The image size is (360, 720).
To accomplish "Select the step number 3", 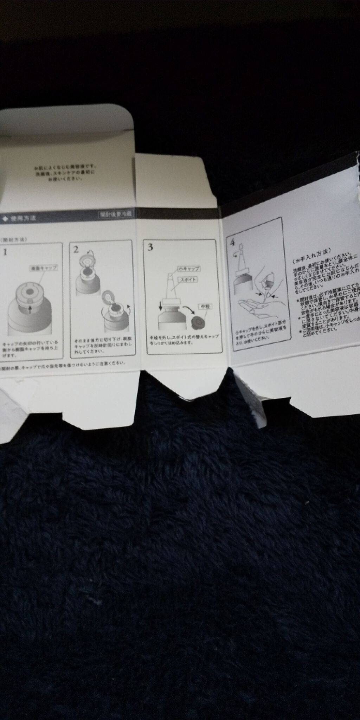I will (150, 247).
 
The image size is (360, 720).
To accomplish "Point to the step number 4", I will (232, 243).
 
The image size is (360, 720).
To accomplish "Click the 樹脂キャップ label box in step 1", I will (44, 268).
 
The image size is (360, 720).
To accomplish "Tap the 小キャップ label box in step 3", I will (188, 269).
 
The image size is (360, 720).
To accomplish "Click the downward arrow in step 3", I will (160, 306).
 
